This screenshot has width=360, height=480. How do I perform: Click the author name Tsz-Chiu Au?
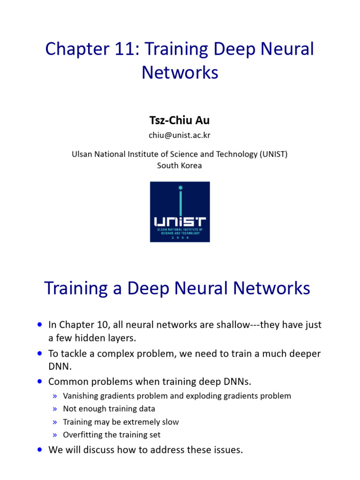[x=180, y=120]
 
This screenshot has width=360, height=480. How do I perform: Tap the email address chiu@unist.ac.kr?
[x=180, y=135]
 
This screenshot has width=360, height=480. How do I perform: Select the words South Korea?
[x=180, y=165]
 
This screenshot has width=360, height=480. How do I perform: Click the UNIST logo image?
[x=180, y=212]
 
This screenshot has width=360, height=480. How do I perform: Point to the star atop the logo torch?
[x=180, y=188]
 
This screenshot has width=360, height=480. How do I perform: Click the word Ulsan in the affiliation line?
[x=82, y=154]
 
